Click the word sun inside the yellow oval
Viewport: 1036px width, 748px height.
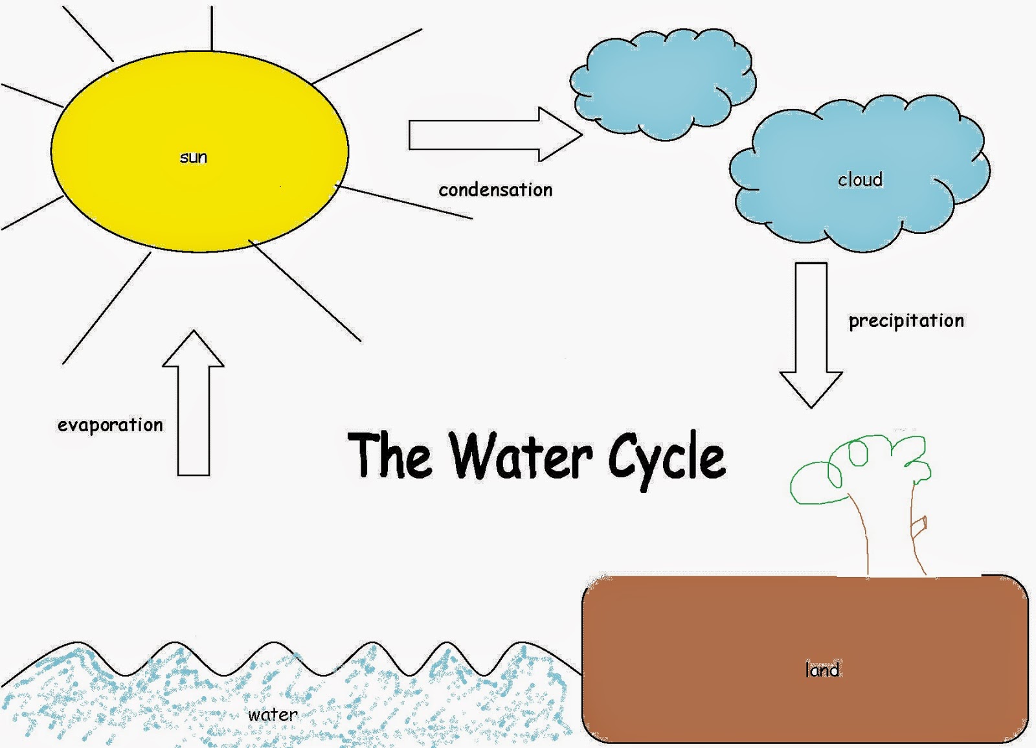pyautogui.click(x=193, y=157)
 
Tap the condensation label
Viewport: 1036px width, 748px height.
pyautogui.click(x=495, y=190)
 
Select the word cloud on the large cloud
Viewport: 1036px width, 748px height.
pyautogui.click(x=860, y=179)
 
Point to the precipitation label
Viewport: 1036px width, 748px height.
pyautogui.click(x=906, y=321)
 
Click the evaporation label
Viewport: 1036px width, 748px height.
pyautogui.click(x=110, y=425)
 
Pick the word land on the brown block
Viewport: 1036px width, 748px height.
pyautogui.click(x=822, y=669)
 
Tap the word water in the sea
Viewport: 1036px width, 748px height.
pyautogui.click(x=273, y=715)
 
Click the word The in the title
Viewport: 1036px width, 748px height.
pyautogui.click(x=389, y=455)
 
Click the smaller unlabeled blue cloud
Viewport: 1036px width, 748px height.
pyautogui.click(x=662, y=84)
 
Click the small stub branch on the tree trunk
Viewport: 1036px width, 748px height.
pyautogui.click(x=919, y=525)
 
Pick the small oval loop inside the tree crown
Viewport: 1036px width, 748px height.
pyautogui.click(x=859, y=453)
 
